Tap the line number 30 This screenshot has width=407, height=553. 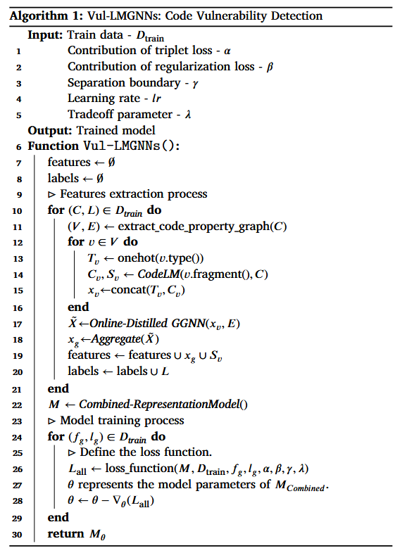coord(17,534)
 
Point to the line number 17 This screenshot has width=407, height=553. coord(17,324)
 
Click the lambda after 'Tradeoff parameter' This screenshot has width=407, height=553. coord(187,115)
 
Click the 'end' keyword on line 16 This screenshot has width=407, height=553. coord(77,307)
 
